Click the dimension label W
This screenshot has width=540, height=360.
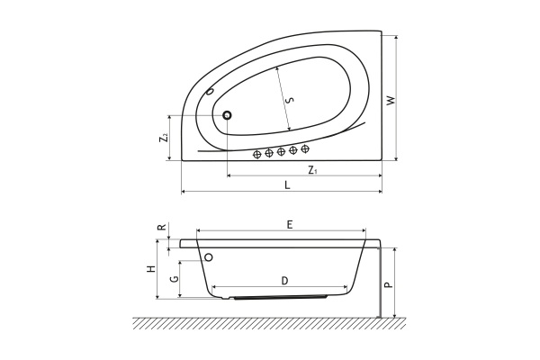tap(391, 100)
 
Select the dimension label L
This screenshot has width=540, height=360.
tap(287, 185)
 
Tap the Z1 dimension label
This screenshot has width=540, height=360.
tap(312, 170)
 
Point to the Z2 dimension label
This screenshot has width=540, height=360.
tap(164, 138)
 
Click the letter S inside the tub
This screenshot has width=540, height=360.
tap(291, 100)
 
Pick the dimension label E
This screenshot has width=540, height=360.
tap(290, 225)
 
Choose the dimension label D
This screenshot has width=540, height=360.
tap(284, 281)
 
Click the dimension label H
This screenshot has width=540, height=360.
tap(151, 269)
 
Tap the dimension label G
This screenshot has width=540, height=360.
tap(175, 278)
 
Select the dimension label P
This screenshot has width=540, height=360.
tap(389, 284)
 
